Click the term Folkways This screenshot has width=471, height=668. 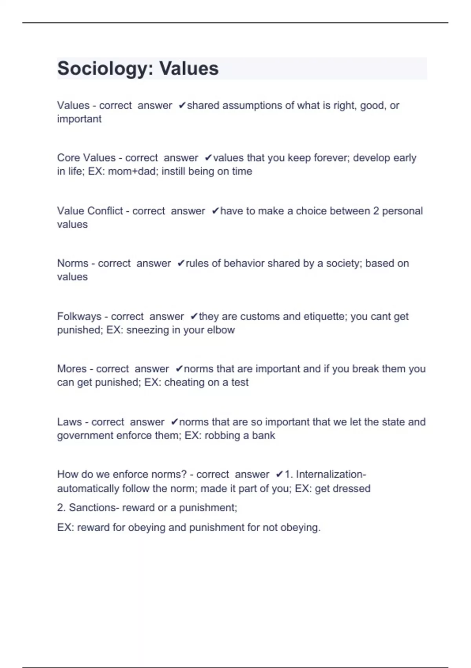pos(79,316)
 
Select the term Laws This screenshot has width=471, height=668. pos(69,422)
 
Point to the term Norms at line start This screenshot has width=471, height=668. pos(73,263)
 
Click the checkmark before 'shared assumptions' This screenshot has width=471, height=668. pos(182,105)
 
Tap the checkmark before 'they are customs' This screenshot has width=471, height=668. pos(194,316)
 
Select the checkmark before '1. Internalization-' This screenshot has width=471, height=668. pos(279,474)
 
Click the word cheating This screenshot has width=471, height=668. pos(184,382)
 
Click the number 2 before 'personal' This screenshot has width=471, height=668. pos(376,211)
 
